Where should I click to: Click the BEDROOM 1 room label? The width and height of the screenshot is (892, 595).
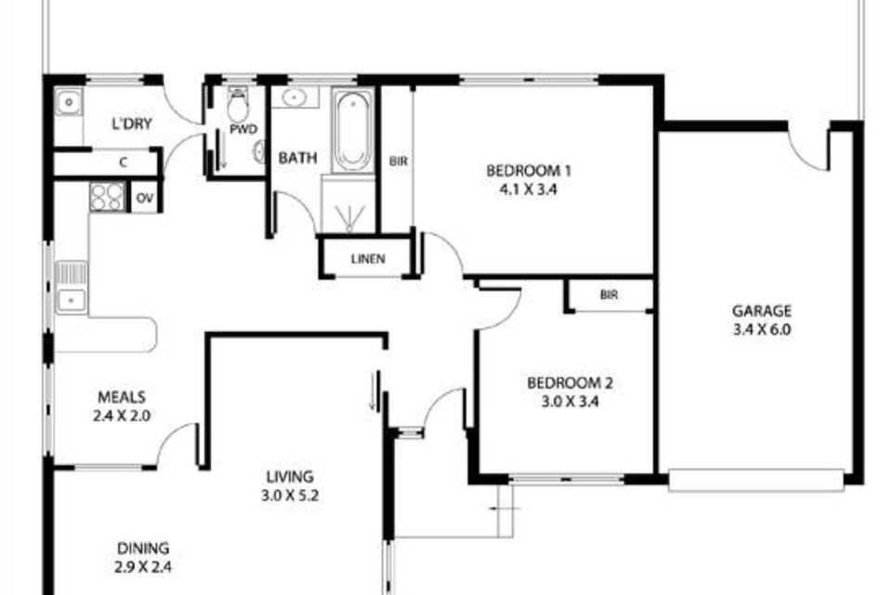click(529, 171)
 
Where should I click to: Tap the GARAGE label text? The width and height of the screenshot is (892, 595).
click(761, 311)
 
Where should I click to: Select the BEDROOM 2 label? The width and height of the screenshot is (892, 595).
click(570, 382)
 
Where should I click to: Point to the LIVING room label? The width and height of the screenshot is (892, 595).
click(288, 478)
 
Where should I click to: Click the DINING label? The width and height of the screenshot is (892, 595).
click(143, 549)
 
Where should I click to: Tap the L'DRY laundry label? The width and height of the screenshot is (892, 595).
click(131, 125)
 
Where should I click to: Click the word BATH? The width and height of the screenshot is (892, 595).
click(297, 159)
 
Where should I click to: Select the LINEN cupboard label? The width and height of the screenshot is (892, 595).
click(367, 259)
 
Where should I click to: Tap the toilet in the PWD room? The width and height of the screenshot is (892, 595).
click(238, 108)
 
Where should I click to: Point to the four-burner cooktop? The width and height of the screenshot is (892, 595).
click(107, 197)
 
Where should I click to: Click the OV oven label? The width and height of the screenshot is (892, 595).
click(144, 198)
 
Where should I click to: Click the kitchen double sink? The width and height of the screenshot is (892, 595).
click(71, 286)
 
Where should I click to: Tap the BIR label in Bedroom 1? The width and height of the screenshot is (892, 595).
click(397, 161)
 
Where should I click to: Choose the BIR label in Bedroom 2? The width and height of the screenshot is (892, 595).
click(609, 295)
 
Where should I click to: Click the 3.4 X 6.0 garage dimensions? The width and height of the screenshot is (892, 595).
click(761, 329)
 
